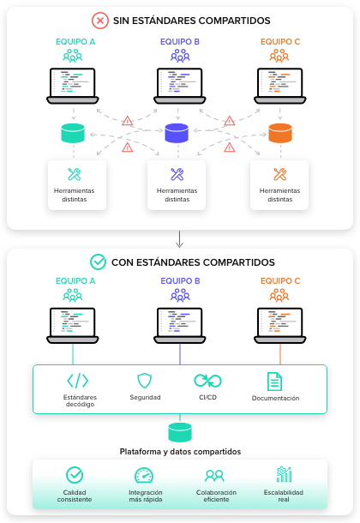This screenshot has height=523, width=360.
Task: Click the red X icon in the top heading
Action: pos(100,21)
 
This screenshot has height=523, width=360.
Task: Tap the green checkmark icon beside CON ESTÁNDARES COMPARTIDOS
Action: pos(98,261)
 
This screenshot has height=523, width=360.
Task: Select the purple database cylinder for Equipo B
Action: pos(177,133)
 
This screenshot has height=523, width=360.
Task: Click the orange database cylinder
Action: pos(280,133)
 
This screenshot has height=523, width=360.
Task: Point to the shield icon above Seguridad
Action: pos(144,381)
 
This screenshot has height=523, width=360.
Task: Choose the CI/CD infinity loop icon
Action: pos(207,381)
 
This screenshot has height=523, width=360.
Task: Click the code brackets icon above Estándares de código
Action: pos(78,381)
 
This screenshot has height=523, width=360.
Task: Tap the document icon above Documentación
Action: pos(274,382)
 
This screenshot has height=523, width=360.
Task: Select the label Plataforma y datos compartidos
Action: pos(180,452)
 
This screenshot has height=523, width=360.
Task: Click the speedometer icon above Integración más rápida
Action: pos(144,475)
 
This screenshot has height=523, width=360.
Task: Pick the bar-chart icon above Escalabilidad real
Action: pos(284,474)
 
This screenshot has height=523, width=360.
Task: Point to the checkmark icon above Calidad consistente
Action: pos(75,475)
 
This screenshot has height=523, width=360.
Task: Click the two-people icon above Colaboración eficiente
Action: pos(214,476)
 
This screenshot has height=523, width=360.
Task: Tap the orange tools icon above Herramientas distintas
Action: pos(279,174)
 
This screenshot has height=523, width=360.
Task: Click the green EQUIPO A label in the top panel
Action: pos(75,42)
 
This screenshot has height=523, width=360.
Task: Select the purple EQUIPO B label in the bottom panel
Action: pos(180,281)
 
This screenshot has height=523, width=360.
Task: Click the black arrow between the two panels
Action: pos(180,239)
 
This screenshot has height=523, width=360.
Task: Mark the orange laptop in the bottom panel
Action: pos(280,326)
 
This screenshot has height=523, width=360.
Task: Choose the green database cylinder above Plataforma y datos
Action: pos(180,432)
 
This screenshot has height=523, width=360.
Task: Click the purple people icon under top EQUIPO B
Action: pos(180,56)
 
